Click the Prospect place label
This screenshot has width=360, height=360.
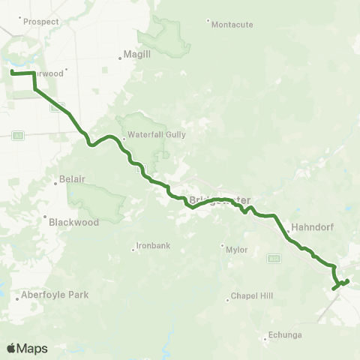click(41, 22)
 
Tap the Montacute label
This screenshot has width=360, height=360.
click(233, 24)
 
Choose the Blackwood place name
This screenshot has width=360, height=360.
click(73, 222)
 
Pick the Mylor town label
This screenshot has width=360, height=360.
click(236, 250)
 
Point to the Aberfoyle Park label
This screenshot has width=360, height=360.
click(55, 295)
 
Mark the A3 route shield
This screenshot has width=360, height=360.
click(17, 135)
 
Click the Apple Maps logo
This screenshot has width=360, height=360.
click(28, 349)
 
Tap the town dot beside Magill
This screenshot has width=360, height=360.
click(120, 55)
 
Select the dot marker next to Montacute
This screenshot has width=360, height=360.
click(208, 19)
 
